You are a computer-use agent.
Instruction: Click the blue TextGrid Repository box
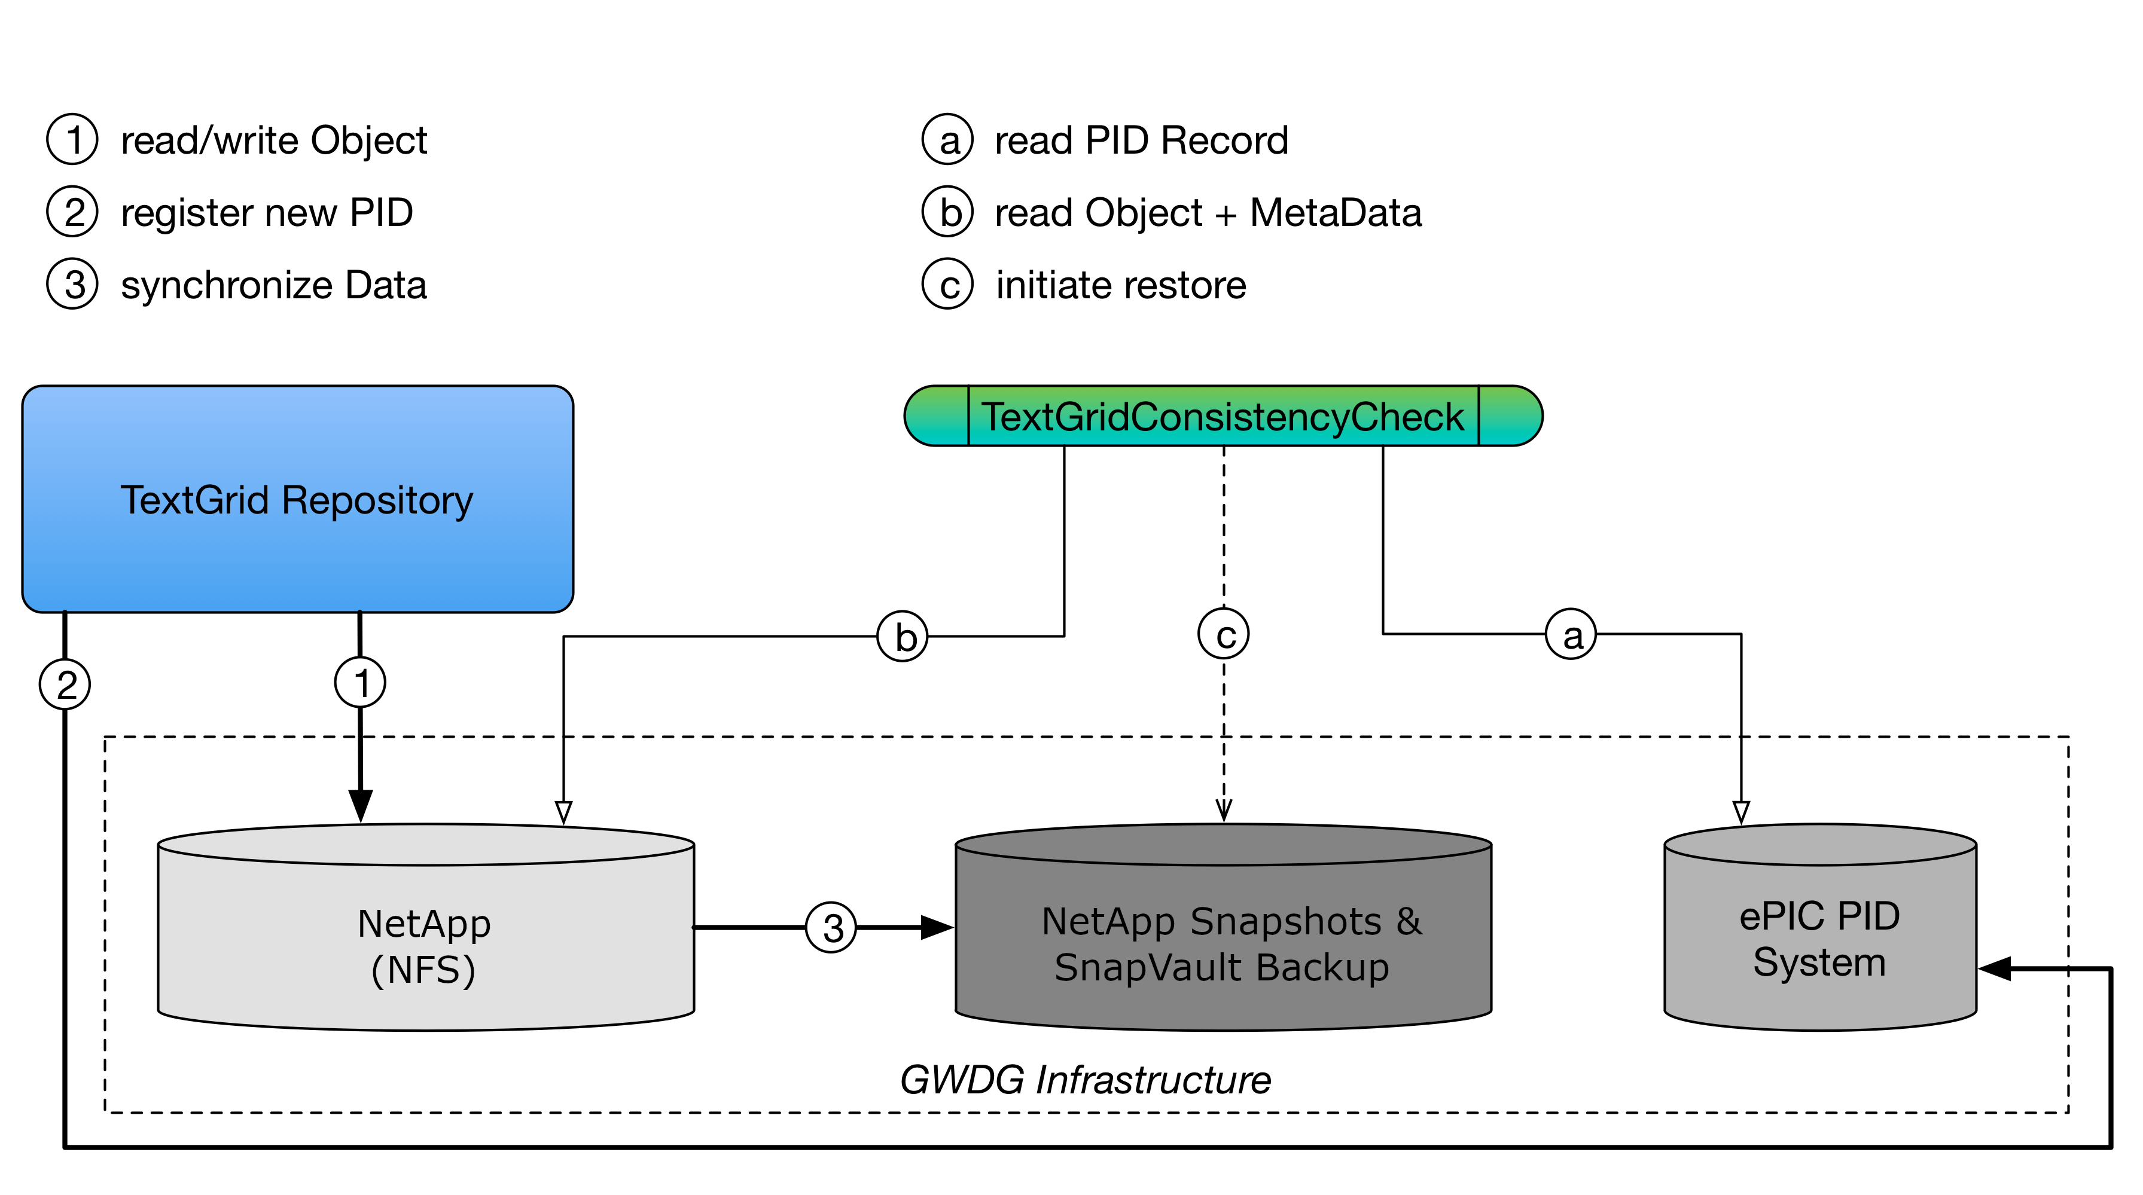coord(297,499)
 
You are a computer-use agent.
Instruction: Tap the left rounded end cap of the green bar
coord(936,416)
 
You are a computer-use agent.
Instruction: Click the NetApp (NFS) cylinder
coord(425,940)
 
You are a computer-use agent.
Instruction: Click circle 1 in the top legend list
coord(72,139)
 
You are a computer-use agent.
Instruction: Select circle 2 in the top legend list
coord(72,211)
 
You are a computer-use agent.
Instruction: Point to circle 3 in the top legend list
coord(72,283)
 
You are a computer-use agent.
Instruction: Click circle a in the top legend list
coord(947,139)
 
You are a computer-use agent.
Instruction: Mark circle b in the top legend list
coord(947,211)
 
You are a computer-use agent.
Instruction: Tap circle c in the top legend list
coord(947,283)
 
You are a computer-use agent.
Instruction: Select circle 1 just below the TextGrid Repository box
coord(359,682)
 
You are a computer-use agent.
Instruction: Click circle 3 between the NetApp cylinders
coord(831,927)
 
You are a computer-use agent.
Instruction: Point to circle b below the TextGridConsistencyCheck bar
coord(903,636)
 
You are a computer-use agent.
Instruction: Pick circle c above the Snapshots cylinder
coord(1223,634)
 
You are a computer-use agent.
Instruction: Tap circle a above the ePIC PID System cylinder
coord(1571,634)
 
